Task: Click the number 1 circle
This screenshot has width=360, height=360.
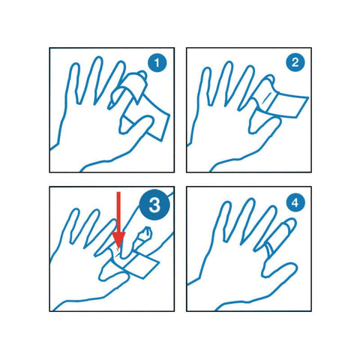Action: (x=157, y=62)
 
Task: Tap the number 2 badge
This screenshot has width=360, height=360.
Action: (x=295, y=62)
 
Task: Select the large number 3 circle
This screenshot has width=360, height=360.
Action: (x=154, y=205)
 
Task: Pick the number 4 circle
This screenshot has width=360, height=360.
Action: (x=295, y=202)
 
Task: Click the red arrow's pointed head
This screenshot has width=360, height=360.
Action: (x=118, y=241)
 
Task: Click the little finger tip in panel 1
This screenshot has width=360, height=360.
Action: (x=75, y=66)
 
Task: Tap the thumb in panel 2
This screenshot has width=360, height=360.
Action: (x=265, y=125)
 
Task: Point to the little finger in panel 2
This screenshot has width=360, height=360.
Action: (x=204, y=85)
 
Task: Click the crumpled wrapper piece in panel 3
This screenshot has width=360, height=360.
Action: (x=143, y=237)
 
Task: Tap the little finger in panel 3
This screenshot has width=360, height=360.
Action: (x=73, y=225)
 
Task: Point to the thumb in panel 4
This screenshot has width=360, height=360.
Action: (x=279, y=269)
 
